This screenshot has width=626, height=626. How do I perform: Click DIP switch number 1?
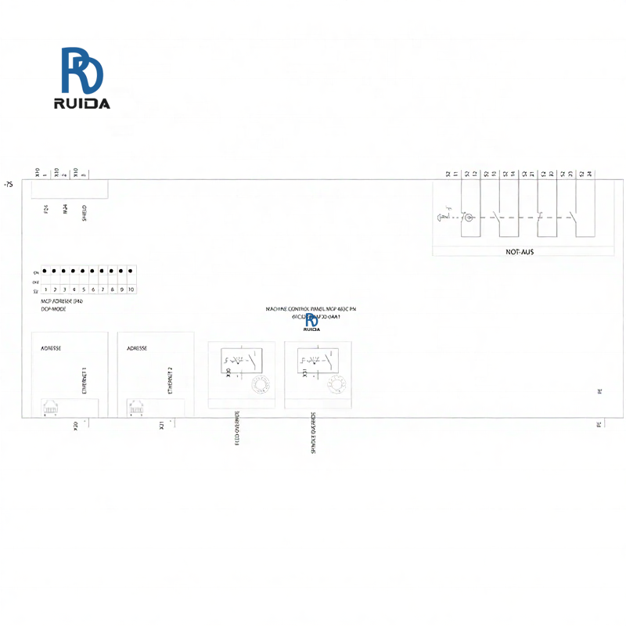pyautogui.click(x=45, y=290)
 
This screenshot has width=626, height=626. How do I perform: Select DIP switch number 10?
pyautogui.click(x=131, y=290)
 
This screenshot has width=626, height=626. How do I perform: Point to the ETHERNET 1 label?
pyautogui.click(x=84, y=380)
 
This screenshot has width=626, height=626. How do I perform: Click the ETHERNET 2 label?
pyautogui.click(x=170, y=380)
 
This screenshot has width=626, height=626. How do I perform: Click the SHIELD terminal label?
pyautogui.click(x=85, y=212)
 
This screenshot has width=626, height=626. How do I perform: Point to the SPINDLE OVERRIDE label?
pyautogui.click(x=313, y=434)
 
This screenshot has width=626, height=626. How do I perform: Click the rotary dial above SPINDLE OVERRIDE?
pyautogui.click(x=337, y=385)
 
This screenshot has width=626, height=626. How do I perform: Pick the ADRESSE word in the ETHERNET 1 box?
pyautogui.click(x=51, y=348)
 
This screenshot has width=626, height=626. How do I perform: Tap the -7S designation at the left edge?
pyautogui.click(x=9, y=185)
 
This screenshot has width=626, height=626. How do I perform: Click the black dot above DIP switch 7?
pyautogui.click(x=103, y=271)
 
